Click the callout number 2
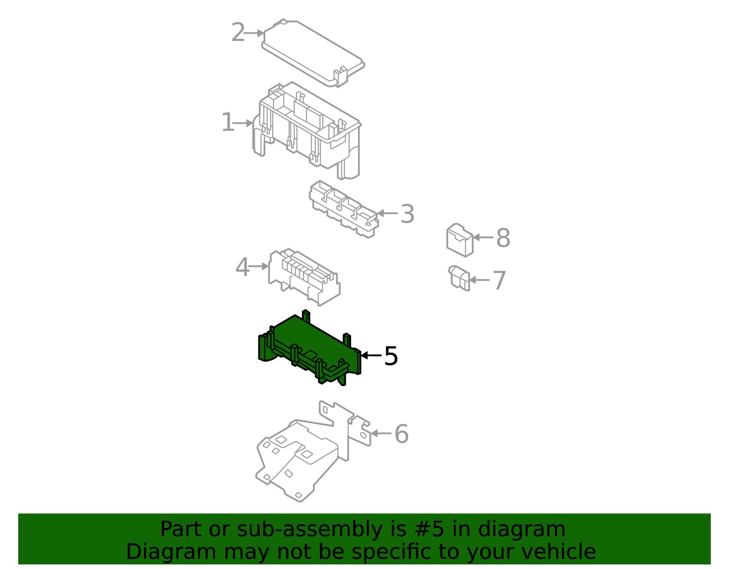(238, 32)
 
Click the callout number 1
(228, 122)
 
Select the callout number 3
(407, 214)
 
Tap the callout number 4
(242, 267)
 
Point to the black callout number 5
(391, 356)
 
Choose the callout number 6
(401, 434)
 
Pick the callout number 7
(499, 280)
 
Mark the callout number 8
(503, 238)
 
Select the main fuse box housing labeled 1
(307, 131)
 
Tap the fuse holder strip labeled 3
(344, 209)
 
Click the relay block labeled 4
(304, 277)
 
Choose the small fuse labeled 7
(459, 278)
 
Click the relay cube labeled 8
(460, 240)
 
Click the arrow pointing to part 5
(371, 355)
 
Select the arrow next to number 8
(483, 237)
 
